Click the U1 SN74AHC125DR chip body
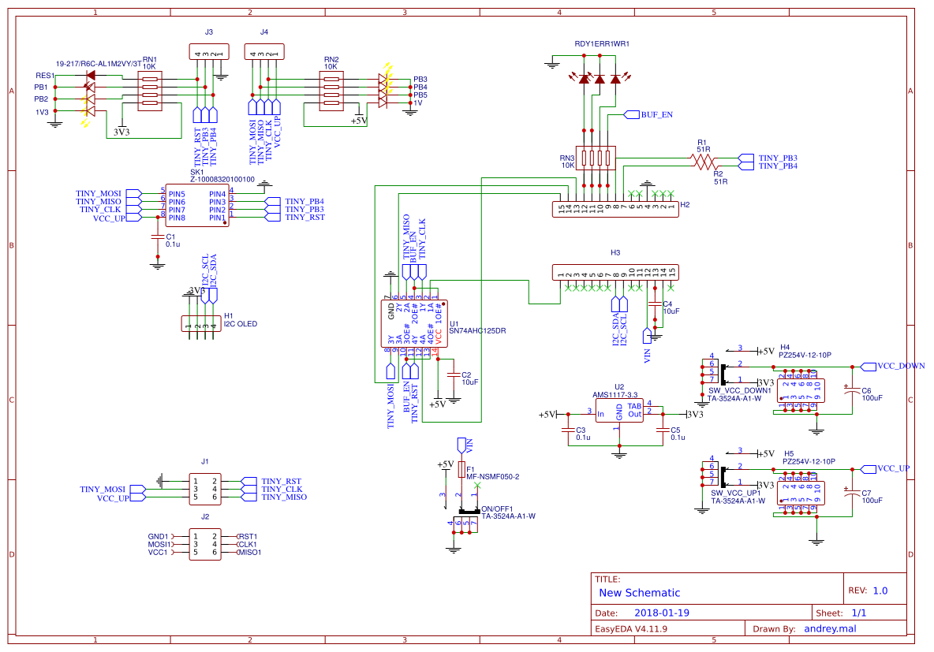point(415,322)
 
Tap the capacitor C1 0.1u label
point(172,240)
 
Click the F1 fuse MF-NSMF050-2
point(461,470)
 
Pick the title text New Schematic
point(639,593)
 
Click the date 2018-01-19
point(662,613)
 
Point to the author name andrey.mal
point(830,628)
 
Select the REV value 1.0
point(880,591)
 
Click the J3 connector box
point(208,53)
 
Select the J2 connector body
point(205,544)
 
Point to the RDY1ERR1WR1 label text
point(601,43)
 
